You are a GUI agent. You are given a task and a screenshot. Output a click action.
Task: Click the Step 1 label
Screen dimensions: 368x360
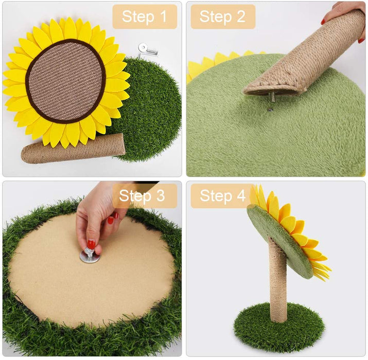pyautogui.click(x=144, y=16)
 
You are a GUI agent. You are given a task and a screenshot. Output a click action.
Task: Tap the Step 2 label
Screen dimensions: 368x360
pyautogui.click(x=223, y=16)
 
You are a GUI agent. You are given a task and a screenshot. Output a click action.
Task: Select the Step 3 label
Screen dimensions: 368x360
pyautogui.click(x=144, y=196)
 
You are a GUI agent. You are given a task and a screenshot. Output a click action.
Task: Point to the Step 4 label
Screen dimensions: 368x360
pyautogui.click(x=222, y=196)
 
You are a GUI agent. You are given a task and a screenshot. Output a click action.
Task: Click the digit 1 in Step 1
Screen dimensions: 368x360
pyautogui.click(x=163, y=16)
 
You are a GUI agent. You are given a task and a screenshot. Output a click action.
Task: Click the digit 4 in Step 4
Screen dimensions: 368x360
pyautogui.click(x=241, y=195)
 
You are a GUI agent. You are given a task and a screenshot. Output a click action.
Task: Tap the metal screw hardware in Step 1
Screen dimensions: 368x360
pyautogui.click(x=147, y=50)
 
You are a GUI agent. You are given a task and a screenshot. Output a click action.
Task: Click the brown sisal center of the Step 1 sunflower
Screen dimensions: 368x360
pyautogui.click(x=66, y=81)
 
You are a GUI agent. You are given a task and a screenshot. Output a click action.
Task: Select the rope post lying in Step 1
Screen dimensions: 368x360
pyautogui.click(x=73, y=149)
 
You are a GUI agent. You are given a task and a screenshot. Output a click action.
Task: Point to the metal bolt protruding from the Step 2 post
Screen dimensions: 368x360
pyautogui.click(x=272, y=96)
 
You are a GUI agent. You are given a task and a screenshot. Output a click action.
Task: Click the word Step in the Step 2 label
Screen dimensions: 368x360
pyautogui.click(x=216, y=17)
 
